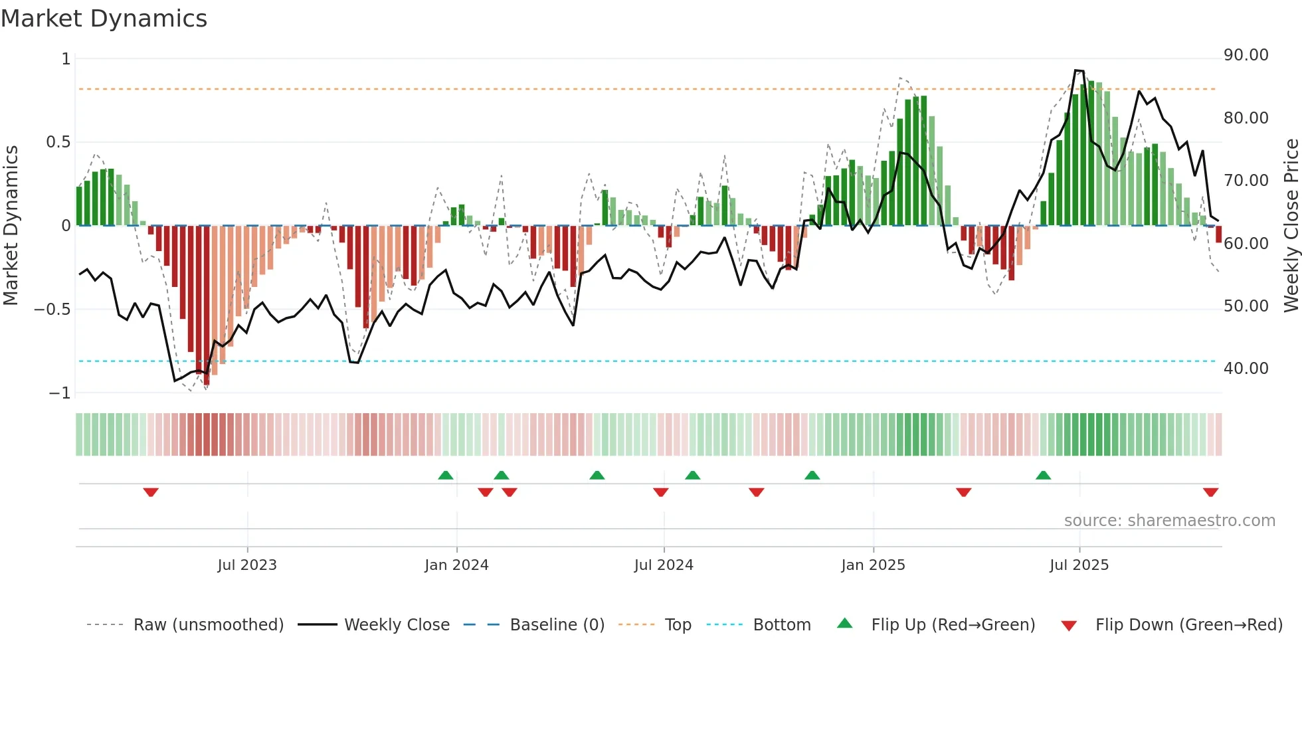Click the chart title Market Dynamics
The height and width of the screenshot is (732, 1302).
pyautogui.click(x=104, y=19)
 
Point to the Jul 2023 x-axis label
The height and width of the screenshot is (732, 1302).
pyautogui.click(x=247, y=565)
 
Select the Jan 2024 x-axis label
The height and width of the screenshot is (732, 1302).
pyautogui.click(x=456, y=565)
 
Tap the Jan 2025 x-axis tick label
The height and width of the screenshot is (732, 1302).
pyautogui.click(x=873, y=565)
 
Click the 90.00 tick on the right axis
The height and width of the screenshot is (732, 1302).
pyautogui.click(x=1246, y=55)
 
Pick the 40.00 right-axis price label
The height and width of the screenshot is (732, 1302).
pyautogui.click(x=1246, y=369)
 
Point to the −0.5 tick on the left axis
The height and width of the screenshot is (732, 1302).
pyautogui.click(x=52, y=310)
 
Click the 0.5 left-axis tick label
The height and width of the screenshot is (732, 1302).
pyautogui.click(x=58, y=142)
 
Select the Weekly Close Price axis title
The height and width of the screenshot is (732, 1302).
pyautogui.click(x=1291, y=225)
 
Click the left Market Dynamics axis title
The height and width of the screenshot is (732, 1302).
pyautogui.click(x=11, y=225)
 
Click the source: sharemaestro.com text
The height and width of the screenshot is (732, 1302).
pyautogui.click(x=1169, y=521)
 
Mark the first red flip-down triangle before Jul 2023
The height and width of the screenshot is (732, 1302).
pyautogui.click(x=151, y=492)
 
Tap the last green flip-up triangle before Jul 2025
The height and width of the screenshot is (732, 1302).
pyautogui.click(x=1043, y=475)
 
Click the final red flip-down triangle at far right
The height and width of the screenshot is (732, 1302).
pyautogui.click(x=1210, y=492)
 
